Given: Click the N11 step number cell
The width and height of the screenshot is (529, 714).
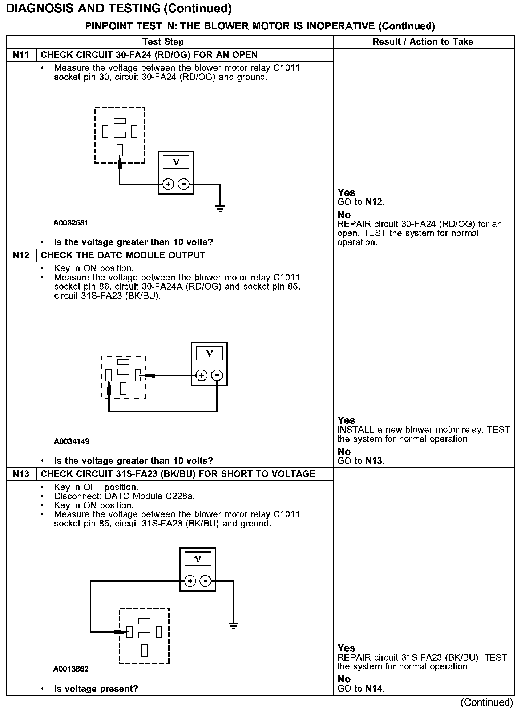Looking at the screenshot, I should coord(21,55).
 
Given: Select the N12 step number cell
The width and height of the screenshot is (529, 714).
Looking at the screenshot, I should coord(21,255).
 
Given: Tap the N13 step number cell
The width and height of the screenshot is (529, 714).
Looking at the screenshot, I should coord(21,474).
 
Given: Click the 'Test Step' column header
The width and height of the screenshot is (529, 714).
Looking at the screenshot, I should coord(163,42).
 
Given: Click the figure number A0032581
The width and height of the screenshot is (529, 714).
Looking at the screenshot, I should coord(71,223).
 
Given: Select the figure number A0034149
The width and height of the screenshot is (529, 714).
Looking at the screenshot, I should coord(72,441).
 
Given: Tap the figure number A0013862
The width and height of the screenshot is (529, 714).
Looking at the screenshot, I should coord(71,669).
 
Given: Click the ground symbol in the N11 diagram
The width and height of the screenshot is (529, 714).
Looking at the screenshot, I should coord(220,208).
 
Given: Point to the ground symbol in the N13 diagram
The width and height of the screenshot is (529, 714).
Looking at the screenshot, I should coord(233,625).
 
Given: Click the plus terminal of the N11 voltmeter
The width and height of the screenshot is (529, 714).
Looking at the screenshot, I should coord(168,184).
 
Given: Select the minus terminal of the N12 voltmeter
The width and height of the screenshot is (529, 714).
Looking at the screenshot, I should coord(217,375).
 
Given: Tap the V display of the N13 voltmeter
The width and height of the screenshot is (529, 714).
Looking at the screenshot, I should coord(198,559).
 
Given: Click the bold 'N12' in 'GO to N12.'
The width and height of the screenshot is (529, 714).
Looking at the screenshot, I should coord(374,202).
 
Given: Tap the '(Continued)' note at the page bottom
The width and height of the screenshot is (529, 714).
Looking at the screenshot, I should coord(486,703).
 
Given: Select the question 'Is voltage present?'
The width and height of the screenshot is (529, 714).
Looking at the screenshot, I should coord(96,689).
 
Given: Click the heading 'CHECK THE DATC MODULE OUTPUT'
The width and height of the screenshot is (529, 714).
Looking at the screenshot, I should coord(123,255).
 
